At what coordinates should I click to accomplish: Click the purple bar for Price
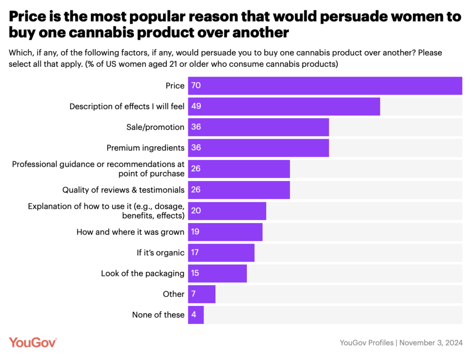pos(325,86)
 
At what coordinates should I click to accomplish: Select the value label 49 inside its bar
pos(196,106)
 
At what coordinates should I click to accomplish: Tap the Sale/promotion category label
pos(155,127)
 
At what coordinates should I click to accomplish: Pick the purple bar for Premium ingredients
pos(258,148)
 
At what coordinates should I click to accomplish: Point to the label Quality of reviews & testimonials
pos(123,190)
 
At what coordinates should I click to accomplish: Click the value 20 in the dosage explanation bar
pos(196,211)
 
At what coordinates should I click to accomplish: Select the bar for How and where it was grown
pos(225,231)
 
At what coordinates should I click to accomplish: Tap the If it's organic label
pos(160,252)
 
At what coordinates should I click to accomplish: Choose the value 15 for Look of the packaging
pos(195,273)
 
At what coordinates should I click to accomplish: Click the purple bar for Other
pos(202,294)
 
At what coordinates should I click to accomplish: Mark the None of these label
pos(158,315)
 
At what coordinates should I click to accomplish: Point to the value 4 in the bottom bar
pos(194,315)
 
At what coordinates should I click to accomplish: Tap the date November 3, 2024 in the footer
pos(431,343)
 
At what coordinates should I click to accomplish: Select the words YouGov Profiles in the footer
pos(366,343)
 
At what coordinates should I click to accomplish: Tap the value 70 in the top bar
pos(196,86)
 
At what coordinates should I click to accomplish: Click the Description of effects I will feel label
pos(127,106)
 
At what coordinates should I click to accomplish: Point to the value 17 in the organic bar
pos(195,252)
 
